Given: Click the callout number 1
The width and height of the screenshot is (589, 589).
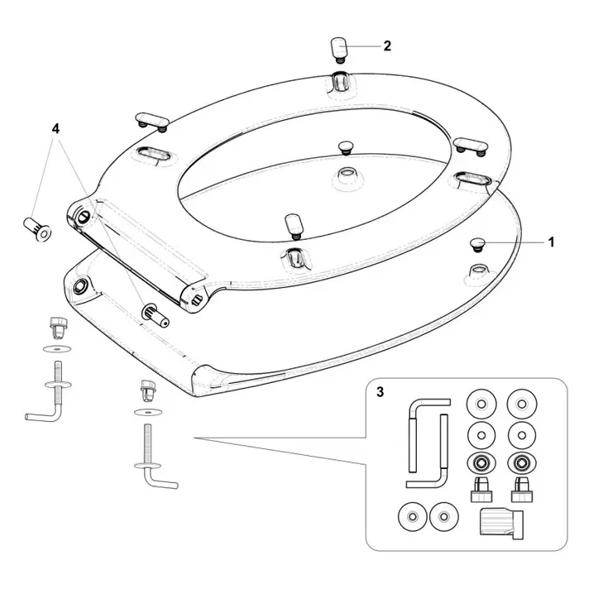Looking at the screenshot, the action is click(551, 242).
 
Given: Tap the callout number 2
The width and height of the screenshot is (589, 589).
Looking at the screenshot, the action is click(387, 45).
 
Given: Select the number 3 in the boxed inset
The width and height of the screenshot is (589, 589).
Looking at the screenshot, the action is click(381, 392).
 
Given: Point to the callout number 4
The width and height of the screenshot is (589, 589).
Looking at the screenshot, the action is click(55, 129).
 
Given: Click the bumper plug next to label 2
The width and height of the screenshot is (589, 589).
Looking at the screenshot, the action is click(339, 50).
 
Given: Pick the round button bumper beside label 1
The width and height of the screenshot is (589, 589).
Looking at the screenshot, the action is click(477, 245).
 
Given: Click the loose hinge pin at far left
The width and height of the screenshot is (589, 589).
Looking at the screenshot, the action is click(37, 229).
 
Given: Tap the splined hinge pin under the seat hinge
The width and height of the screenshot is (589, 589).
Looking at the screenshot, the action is click(156, 315).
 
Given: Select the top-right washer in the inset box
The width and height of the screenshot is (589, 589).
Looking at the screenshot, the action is click(521, 405).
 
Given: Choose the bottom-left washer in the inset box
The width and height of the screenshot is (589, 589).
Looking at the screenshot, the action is click(413, 517).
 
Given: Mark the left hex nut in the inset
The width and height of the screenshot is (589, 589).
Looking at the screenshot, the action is click(481, 463).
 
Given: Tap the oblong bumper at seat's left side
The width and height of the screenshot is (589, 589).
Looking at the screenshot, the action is click(152, 121).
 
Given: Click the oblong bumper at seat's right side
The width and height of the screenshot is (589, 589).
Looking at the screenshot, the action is click(471, 146).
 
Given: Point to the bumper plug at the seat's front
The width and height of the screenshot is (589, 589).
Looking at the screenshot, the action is click(294, 227).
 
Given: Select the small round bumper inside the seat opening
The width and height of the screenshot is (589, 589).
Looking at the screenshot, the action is click(345, 147).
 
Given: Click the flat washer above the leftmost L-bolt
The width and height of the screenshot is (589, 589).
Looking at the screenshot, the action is click(57, 349).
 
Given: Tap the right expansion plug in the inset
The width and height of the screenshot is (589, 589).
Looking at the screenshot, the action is click(522, 490).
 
